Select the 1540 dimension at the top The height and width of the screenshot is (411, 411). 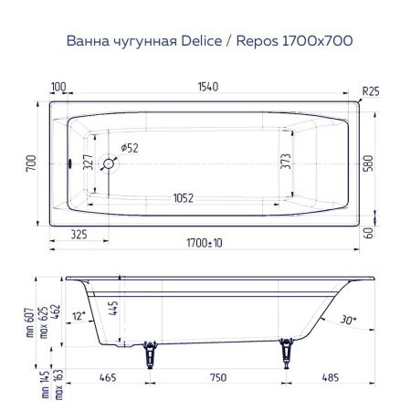(x=207, y=87)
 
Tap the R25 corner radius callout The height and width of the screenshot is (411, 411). (x=370, y=91)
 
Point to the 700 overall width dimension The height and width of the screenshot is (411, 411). (x=31, y=164)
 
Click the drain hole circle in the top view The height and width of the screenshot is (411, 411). (x=110, y=164)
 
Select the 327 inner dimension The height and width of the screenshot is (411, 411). (x=88, y=163)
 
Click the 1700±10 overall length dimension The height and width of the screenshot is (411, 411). (x=207, y=243)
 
